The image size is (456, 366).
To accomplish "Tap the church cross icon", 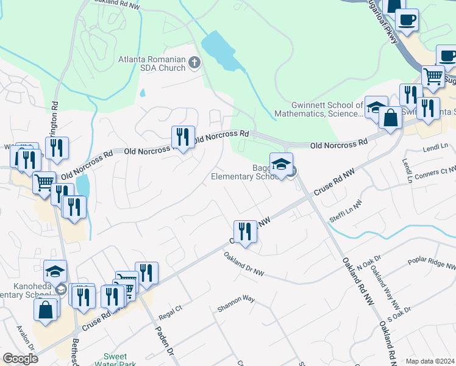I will click(x=194, y=62).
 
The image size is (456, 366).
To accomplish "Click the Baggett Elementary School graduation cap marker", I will click(x=281, y=165).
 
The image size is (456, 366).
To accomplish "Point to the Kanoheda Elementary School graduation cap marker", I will click(x=55, y=270).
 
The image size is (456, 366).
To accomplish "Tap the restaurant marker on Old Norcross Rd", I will click(x=183, y=137).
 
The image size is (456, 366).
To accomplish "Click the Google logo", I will click(x=20, y=359).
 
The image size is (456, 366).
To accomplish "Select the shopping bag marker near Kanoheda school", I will click(x=46, y=309).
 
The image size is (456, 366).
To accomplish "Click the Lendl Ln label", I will click(x=435, y=147).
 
